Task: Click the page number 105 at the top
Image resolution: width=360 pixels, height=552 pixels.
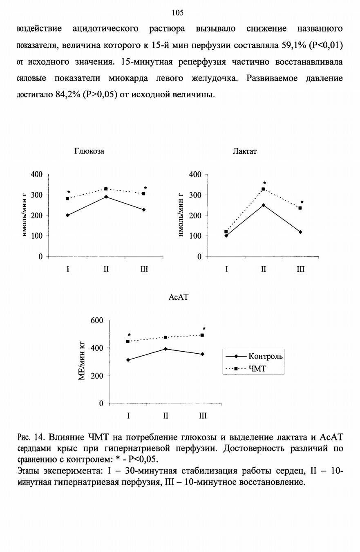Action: [x=178, y=13]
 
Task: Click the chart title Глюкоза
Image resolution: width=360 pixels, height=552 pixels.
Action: [x=89, y=151]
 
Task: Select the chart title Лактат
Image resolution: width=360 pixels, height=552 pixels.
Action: [x=245, y=151]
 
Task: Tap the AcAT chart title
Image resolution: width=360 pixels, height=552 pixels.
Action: [x=179, y=297]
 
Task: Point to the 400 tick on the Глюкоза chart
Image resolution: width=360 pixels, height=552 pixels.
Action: [x=37, y=175]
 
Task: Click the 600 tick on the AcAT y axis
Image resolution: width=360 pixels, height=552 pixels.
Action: [x=97, y=320]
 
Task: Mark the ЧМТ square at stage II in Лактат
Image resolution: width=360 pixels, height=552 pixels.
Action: [x=263, y=189]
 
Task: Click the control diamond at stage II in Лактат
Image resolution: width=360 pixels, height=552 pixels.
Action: [x=264, y=205]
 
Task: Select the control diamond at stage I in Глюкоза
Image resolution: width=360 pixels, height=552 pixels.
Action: [x=67, y=215]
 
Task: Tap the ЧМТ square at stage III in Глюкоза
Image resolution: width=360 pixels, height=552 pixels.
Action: [x=143, y=194]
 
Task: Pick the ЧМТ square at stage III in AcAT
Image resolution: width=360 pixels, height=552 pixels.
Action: [x=202, y=335]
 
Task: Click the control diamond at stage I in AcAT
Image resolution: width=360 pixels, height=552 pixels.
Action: [x=128, y=360]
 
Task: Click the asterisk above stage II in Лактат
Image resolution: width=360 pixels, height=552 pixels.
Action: [x=264, y=183]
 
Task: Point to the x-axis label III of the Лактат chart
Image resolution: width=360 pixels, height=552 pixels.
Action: [x=300, y=269]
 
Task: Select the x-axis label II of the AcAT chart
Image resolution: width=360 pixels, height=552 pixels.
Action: [x=165, y=416]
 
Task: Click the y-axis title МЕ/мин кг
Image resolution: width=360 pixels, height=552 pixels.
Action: [x=82, y=361]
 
